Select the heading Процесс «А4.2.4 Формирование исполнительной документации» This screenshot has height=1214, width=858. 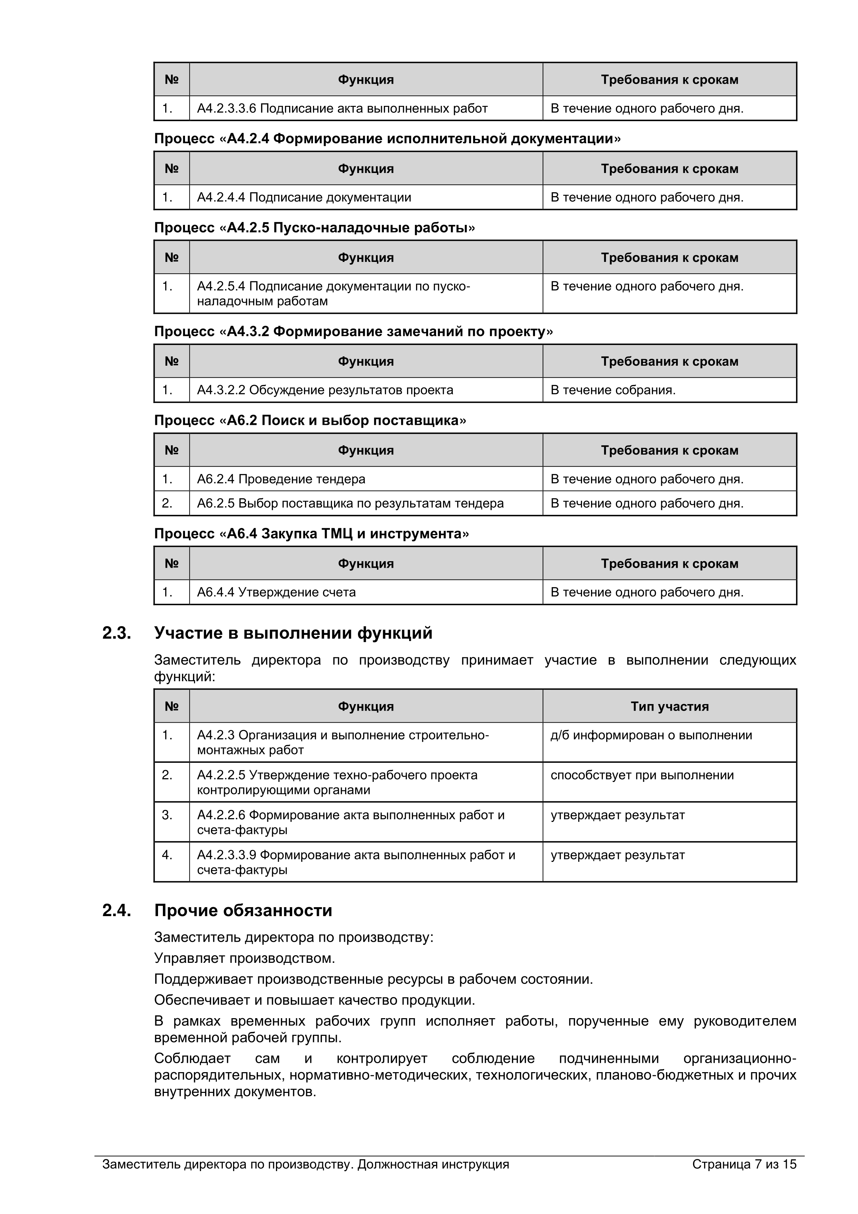(x=387, y=138)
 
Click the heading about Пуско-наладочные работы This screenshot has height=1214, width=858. (x=315, y=227)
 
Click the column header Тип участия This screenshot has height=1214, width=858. (x=669, y=706)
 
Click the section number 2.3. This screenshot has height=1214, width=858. (x=116, y=633)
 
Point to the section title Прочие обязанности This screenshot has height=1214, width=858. (x=243, y=910)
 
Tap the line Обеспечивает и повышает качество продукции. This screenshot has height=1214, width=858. (x=315, y=1000)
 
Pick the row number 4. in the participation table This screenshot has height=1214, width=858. (x=167, y=855)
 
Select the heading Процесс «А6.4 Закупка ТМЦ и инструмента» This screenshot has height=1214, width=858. (x=311, y=533)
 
